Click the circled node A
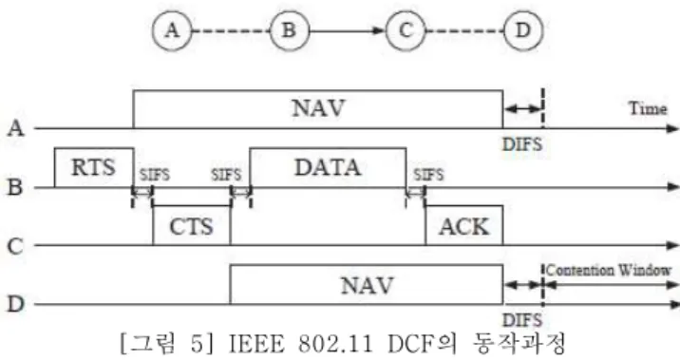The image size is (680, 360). tap(172, 30)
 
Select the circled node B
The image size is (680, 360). tap(290, 30)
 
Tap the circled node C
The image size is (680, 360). tap(406, 30)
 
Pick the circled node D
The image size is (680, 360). tap(523, 30)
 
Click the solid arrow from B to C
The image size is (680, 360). tap(347, 30)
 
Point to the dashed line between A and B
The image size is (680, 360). tap(231, 30)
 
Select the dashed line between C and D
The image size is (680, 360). tap(464, 30)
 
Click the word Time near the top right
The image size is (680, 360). tap(648, 108)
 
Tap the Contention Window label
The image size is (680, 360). tap(609, 270)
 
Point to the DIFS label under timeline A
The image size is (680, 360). tap(522, 144)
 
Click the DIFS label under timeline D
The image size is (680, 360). tap(522, 320)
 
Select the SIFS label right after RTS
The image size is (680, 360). tap(155, 175)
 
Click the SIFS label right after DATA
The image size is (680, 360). tap(428, 175)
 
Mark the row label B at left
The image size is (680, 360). tap(15, 187)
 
